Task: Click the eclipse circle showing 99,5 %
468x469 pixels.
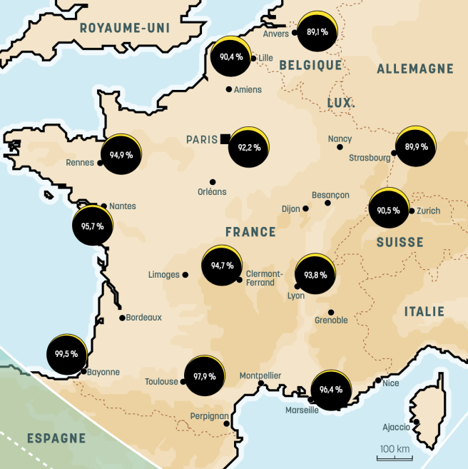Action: [x=66, y=353]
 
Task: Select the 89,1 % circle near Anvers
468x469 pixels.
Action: [x=317, y=32]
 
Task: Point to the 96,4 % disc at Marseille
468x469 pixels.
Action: [x=331, y=390]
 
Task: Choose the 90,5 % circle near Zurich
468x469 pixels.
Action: [x=389, y=210]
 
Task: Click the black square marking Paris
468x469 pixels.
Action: [x=225, y=138]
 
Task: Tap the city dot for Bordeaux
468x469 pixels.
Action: [x=122, y=318]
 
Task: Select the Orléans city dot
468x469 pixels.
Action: [x=212, y=181]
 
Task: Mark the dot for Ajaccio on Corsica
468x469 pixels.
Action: [x=416, y=422]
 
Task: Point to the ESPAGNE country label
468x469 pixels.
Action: [x=56, y=438]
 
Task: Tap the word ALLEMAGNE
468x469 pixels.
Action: [x=414, y=69]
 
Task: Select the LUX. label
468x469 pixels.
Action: [x=341, y=104]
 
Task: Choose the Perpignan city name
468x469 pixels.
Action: [x=210, y=416]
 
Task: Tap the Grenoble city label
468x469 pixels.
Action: [x=331, y=321]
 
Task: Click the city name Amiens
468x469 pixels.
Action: [x=248, y=90]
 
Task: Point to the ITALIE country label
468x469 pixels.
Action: [x=424, y=312]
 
